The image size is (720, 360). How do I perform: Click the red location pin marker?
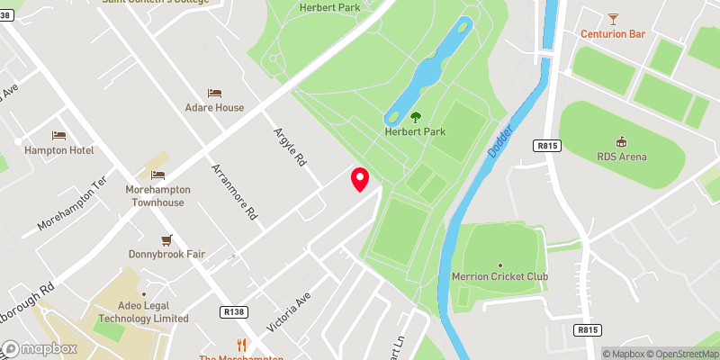[360, 179]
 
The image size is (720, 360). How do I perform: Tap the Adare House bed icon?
[214, 93]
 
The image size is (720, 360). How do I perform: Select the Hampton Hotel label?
[58, 150]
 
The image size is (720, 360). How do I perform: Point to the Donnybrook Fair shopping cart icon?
[166, 239]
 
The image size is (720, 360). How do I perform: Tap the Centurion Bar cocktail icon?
[614, 18]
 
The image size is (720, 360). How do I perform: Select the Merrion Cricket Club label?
[501, 275]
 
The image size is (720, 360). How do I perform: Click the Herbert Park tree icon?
[416, 117]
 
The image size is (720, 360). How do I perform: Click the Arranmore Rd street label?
[235, 192]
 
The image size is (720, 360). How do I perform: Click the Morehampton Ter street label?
[73, 202]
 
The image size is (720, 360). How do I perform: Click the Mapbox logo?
[38, 348]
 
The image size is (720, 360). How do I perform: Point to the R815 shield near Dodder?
[546, 144]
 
